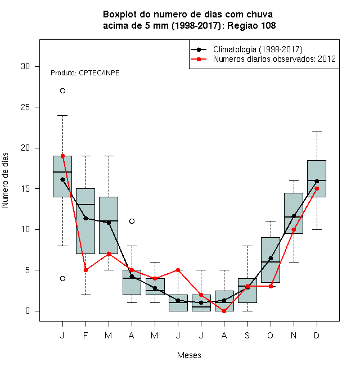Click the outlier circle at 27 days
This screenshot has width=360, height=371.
(x=62, y=91)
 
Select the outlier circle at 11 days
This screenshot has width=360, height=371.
(x=132, y=221)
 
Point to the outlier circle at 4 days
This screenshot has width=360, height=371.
(x=62, y=278)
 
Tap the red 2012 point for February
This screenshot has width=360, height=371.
(x=85, y=270)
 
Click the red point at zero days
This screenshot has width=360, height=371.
(x=224, y=311)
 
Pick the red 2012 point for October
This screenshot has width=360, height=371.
(x=271, y=286)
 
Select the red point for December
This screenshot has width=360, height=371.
(x=317, y=188)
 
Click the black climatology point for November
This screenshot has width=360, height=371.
(x=294, y=216)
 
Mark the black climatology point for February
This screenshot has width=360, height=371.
(x=85, y=218)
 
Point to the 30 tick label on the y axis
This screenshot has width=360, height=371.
(x=25, y=66)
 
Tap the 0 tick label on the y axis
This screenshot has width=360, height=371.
(x=28, y=311)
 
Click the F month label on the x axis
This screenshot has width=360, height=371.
(x=85, y=335)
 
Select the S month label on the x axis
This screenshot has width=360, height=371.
(x=247, y=335)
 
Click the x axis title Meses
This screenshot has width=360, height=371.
(x=189, y=355)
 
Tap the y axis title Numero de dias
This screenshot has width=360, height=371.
(x=5, y=180)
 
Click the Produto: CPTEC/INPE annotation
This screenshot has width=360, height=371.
(x=85, y=73)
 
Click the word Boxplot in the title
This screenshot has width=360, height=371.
(x=120, y=15)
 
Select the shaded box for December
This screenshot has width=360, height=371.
(x=317, y=179)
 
